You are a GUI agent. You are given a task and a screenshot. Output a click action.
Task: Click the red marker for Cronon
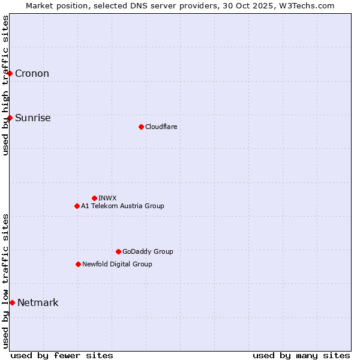pos(10,74)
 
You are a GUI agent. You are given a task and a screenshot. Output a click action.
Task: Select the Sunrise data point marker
pos(10,118)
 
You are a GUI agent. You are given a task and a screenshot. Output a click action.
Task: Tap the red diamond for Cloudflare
pos(141,127)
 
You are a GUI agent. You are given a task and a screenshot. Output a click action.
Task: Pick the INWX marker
pos(94,198)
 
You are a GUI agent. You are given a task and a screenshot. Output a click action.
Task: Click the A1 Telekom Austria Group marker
pos(77,206)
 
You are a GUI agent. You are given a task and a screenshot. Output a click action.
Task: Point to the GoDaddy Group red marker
pos(118,251)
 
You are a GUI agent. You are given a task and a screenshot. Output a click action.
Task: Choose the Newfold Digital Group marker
pos(78,264)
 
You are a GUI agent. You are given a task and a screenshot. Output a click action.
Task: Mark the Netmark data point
pos(12,302)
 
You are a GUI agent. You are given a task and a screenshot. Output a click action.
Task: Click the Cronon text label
pos(32,74)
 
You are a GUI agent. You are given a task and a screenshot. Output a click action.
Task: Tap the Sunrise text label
pos(32,118)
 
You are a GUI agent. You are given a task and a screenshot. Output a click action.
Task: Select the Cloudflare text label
pos(161,127)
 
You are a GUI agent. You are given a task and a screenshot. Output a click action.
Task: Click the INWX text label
pos(107,198)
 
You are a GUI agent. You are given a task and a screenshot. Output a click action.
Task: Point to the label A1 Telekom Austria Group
pos(122,206)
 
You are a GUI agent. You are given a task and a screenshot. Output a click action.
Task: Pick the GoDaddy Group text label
pos(148,251)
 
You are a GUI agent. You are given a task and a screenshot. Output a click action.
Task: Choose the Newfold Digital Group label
pos(117,264)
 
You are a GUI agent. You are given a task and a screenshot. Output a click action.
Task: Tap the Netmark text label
pos(38,302)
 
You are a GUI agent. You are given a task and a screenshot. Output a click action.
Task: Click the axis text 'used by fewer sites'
pos(62,355)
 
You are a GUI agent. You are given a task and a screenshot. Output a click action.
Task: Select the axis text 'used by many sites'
pos(301,355)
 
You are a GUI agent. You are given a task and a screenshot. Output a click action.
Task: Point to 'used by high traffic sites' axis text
pos(5,85)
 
